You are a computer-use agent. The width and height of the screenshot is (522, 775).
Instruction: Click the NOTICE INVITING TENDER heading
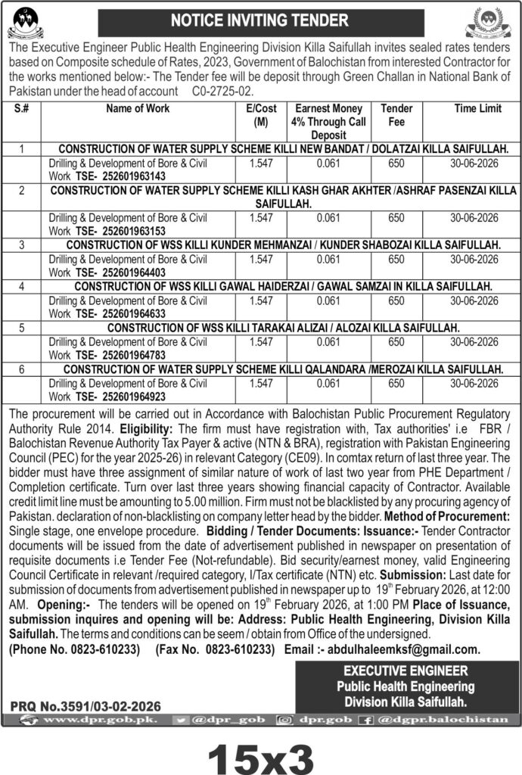pos(261,20)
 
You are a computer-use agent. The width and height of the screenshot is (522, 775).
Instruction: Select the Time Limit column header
pos(477,109)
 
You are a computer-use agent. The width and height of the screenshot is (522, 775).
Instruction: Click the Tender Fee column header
pos(396,115)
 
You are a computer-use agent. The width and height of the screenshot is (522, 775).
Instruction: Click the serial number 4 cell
pos(23,286)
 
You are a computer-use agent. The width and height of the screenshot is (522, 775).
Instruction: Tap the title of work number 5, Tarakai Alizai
pos(284,328)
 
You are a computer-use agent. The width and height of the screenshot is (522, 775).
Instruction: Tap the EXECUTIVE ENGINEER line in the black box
pos(405,671)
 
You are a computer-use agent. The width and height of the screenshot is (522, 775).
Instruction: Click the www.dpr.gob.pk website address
pos(99,720)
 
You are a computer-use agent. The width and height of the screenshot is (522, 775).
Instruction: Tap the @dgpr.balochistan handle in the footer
pos(453,720)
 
